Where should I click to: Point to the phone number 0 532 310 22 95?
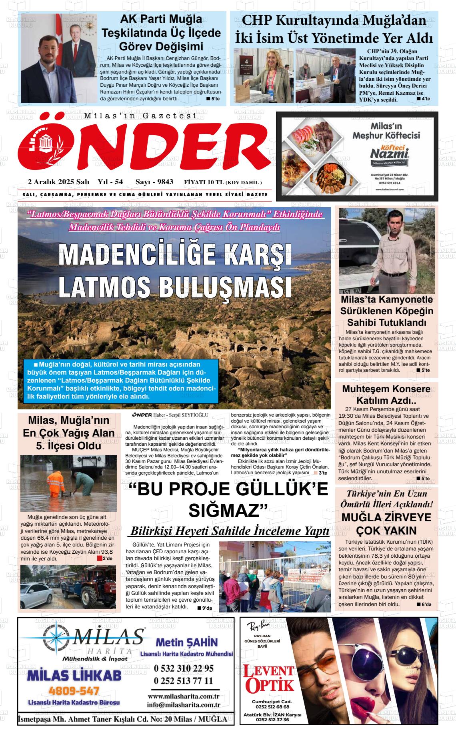click(184, 668)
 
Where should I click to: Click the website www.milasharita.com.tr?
click(184, 696)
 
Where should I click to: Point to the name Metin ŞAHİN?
click(186, 642)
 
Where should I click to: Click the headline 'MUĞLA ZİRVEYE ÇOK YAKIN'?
click(386, 524)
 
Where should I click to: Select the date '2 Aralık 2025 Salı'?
click(58, 182)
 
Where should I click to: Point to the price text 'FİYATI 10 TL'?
click(204, 183)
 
